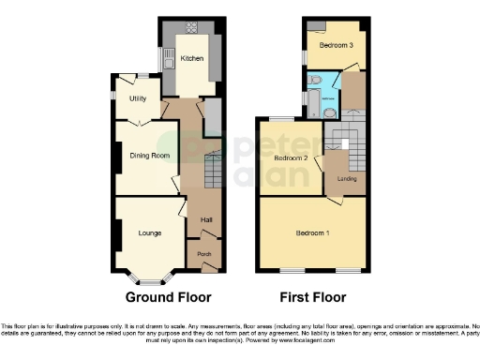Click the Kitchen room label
(x=192, y=58)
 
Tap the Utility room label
(x=138, y=97)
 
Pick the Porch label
(x=202, y=254)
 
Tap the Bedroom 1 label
(x=311, y=232)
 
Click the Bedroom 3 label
(x=335, y=45)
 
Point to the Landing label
(x=347, y=177)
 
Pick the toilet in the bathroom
(x=317, y=79)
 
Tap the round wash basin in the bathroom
(x=330, y=110)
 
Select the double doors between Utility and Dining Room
(x=139, y=119)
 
